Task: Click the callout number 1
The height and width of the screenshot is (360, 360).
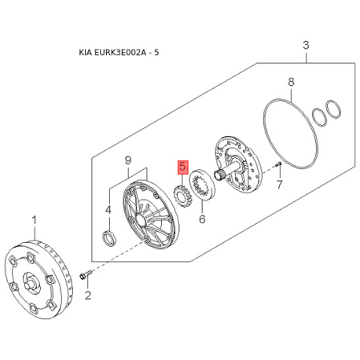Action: pos(35,221)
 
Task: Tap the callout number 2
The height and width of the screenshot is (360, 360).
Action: pos(88,296)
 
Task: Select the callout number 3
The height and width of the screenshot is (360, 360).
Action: pos(306,45)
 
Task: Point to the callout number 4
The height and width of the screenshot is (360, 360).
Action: pos(108,210)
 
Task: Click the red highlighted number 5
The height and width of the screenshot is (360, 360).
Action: pos(183,167)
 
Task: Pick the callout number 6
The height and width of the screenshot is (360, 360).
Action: pos(202,219)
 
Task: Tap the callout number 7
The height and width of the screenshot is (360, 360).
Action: pos(280,185)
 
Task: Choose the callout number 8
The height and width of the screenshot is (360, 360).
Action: pos(291,82)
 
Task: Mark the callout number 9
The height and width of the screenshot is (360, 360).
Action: pos(128,160)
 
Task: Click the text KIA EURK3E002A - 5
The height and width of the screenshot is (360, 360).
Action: pos(119,53)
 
